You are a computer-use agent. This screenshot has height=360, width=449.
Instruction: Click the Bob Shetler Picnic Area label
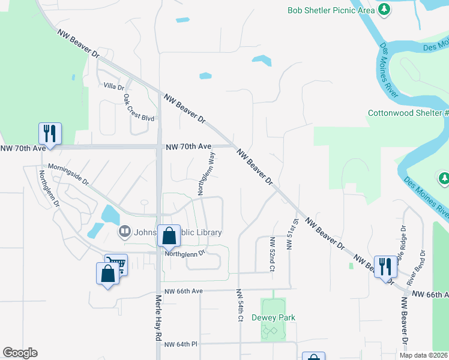(330, 10)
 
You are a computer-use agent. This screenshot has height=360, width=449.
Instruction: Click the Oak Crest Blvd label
(139, 107)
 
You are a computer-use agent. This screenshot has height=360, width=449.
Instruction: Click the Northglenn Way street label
(206, 173)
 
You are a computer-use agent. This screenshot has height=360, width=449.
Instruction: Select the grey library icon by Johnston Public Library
(124, 230)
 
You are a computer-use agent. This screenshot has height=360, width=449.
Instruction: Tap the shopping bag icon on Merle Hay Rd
(169, 235)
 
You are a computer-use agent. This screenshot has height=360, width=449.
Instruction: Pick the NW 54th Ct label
(239, 305)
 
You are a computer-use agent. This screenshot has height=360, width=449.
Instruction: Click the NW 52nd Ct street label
(272, 254)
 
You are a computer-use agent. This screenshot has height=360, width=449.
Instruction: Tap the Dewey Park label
(274, 317)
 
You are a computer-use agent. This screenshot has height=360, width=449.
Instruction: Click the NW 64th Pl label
(181, 344)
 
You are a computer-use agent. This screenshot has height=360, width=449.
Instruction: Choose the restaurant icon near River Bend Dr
(384, 265)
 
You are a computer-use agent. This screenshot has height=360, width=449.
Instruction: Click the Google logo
(20, 353)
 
